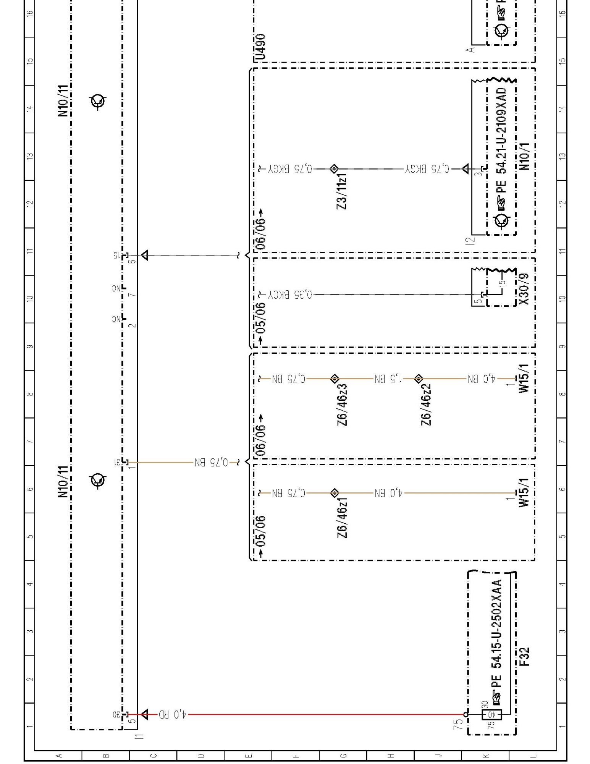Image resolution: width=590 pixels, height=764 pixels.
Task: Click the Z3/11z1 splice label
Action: (342, 191)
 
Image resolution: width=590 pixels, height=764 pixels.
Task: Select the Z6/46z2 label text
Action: (426, 405)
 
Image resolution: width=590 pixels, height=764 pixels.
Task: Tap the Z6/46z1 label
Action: (342, 517)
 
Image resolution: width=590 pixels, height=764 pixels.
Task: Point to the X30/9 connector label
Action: (524, 289)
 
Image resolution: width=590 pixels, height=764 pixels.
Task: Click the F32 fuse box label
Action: (524, 657)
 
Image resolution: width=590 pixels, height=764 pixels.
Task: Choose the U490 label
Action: (260, 47)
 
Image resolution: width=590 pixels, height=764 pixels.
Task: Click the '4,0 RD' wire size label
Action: (173, 714)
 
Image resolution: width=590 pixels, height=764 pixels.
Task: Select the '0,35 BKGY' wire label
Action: (290, 295)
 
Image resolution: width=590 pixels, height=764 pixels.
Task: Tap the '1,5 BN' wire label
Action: (388, 379)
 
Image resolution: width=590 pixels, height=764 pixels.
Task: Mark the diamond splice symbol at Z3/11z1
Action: (334, 168)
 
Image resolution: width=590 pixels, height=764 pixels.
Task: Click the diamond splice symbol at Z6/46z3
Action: (335, 379)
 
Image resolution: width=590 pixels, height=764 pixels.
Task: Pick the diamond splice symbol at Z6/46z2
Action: (419, 379)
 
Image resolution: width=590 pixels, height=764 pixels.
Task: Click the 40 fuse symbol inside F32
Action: (492, 714)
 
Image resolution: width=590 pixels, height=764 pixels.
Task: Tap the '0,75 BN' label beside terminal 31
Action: (211, 462)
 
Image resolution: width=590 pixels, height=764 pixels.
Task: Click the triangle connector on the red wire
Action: (144, 714)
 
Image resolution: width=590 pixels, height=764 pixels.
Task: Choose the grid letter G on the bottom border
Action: (343, 756)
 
